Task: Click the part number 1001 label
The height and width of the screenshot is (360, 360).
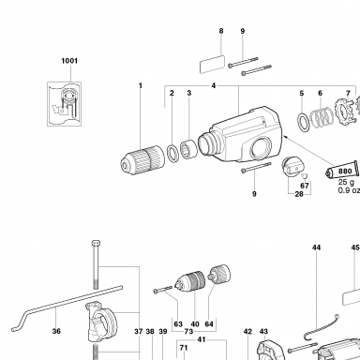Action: [69, 61]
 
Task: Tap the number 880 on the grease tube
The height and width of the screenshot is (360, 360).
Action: [345, 172]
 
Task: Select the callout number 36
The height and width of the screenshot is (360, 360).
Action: [56, 331]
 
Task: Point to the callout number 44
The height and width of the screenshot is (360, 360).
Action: [316, 247]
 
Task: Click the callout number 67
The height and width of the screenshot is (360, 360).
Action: [305, 186]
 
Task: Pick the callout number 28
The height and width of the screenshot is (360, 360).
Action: [299, 194]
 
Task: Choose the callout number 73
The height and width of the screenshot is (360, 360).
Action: [188, 332]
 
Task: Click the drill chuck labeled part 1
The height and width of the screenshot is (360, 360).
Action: [142, 159]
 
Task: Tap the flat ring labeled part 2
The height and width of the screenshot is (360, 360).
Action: [172, 153]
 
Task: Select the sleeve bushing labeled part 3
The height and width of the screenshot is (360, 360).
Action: [188, 149]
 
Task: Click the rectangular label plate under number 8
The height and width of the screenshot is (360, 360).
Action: [212, 64]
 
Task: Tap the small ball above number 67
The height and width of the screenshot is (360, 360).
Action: [306, 176]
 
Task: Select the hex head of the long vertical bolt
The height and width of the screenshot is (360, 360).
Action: [96, 243]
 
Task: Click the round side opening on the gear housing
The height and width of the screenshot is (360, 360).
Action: [262, 148]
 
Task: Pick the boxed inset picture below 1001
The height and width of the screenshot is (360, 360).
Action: [64, 104]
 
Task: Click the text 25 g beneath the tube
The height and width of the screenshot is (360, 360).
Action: [346, 183]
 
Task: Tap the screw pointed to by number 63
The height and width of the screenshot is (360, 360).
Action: [163, 290]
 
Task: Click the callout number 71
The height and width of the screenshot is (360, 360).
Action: [184, 348]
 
